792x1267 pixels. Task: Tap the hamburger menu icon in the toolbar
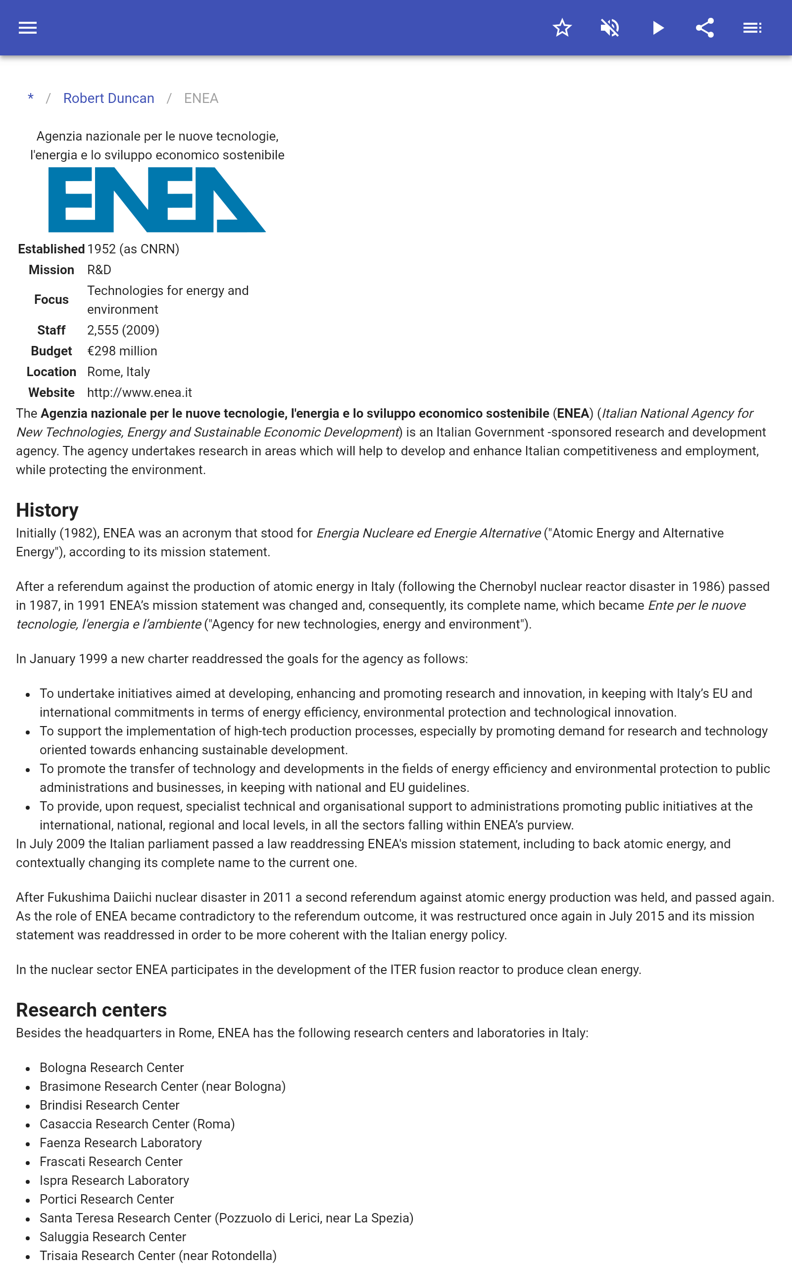pyautogui.click(x=27, y=28)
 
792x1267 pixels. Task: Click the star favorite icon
pyautogui.click(x=562, y=28)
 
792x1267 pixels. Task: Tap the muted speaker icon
pyautogui.click(x=610, y=28)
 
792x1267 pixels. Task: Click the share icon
pyautogui.click(x=705, y=28)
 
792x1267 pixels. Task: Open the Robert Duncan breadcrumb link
pyautogui.click(x=108, y=98)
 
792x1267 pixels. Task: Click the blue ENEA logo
pyautogui.click(x=156, y=199)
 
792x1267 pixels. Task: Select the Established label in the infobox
pyautogui.click(x=51, y=249)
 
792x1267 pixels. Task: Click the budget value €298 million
pyautogui.click(x=122, y=351)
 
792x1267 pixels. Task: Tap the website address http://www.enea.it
pyautogui.click(x=139, y=392)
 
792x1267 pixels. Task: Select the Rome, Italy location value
pyautogui.click(x=118, y=372)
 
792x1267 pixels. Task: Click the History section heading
pyautogui.click(x=47, y=510)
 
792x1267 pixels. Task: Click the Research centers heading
pyautogui.click(x=91, y=1010)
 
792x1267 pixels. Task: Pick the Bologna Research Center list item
pyautogui.click(x=111, y=1068)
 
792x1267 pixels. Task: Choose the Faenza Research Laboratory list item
pyautogui.click(x=120, y=1143)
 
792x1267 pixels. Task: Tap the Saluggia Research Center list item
pyautogui.click(x=113, y=1237)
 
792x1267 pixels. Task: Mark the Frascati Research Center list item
pyautogui.click(x=111, y=1162)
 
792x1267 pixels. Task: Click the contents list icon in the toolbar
pyautogui.click(x=752, y=28)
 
